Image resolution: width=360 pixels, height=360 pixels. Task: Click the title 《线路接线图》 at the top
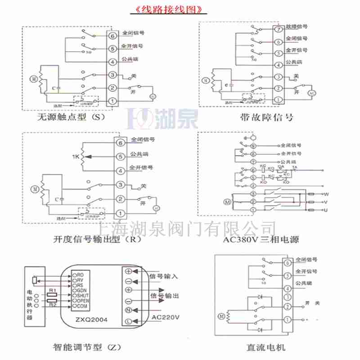click(165, 10)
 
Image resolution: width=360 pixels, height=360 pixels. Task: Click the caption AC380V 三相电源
click(261, 239)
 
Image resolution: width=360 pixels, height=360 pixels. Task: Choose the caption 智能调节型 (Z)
click(85, 347)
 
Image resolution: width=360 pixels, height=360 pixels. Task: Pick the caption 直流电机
click(265, 347)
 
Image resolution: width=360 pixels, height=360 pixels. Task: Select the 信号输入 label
click(164, 276)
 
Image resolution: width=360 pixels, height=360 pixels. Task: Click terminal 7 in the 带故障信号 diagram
click(279, 30)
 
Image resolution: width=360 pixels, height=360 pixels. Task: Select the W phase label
click(327, 194)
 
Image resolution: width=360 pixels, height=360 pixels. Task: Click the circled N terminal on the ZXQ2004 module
click(128, 310)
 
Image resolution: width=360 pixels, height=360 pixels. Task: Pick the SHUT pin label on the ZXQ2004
click(85, 295)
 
